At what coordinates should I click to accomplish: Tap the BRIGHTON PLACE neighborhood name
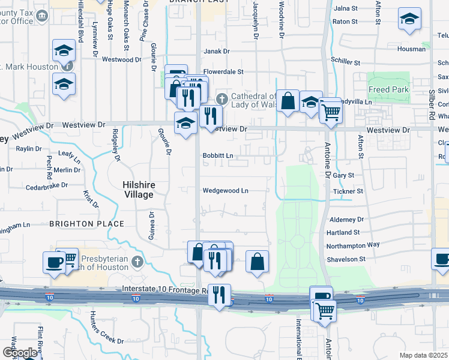point(86,224)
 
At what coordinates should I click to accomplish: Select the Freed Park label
point(388,89)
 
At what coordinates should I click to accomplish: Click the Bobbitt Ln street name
point(217,155)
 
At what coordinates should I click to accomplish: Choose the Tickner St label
point(348,191)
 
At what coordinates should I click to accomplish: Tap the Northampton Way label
point(353,245)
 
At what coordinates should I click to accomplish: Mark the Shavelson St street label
point(346,259)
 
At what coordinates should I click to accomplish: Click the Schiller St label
point(345,62)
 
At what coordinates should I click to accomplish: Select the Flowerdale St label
point(223,71)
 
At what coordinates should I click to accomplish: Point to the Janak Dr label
point(217,52)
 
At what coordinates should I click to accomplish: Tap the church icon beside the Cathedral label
point(221,97)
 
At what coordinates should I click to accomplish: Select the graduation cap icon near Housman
point(409,19)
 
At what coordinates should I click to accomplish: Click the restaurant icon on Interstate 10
point(219,295)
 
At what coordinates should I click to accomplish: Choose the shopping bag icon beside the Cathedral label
point(288,101)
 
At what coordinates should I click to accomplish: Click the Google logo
point(19,352)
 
